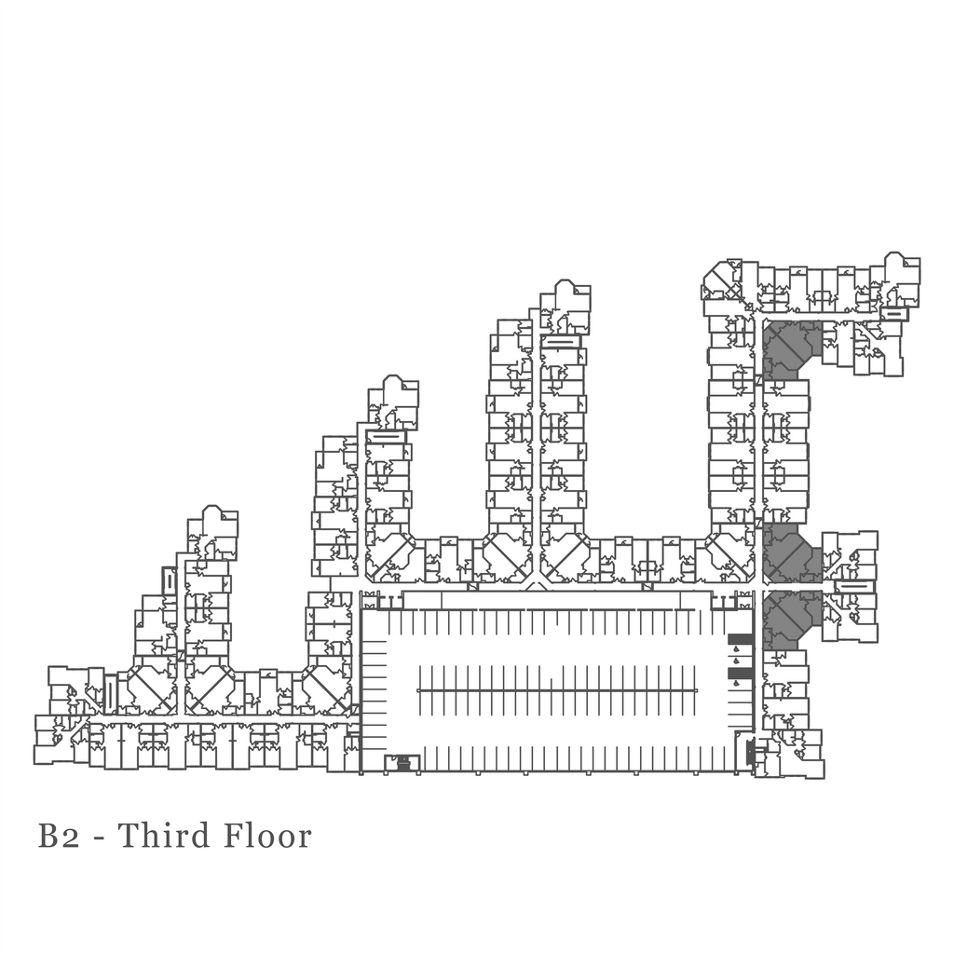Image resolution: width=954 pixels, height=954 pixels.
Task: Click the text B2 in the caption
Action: pos(59,836)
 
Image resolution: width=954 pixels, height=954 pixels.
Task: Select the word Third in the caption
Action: pos(164,836)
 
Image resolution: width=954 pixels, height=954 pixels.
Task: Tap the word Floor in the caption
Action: pos(267,836)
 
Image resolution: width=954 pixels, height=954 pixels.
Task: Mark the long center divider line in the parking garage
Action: pos(556,690)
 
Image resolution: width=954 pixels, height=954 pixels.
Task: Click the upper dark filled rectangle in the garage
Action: pos(739,640)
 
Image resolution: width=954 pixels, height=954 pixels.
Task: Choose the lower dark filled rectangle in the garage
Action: pos(739,672)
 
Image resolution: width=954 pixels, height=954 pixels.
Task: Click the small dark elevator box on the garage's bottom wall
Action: pos(402,763)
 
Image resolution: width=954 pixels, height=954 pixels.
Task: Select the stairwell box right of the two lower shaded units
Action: pos(853,586)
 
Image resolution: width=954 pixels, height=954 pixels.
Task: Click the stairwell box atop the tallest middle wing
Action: pos(560,341)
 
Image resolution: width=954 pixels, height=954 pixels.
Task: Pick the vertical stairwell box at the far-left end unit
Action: pos(110,694)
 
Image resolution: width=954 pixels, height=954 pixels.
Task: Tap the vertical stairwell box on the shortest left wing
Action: pos(169,580)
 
